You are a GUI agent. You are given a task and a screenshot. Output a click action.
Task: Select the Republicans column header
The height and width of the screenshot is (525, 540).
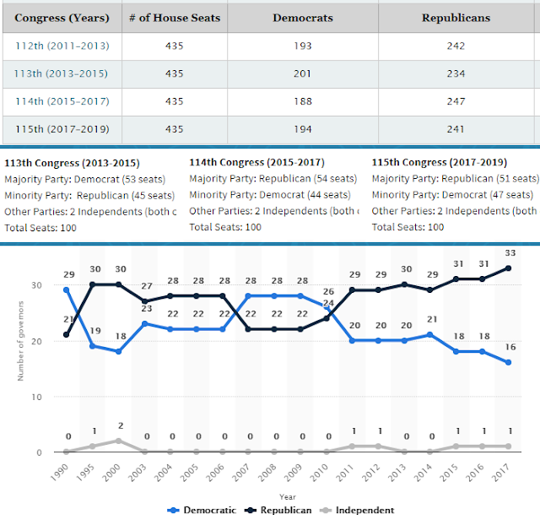pyautogui.click(x=455, y=17)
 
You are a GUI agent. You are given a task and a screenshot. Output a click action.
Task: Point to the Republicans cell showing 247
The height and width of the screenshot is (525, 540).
pyautogui.click(x=455, y=101)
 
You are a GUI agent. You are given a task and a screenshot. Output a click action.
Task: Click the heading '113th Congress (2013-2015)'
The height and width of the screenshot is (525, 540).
pyautogui.click(x=73, y=163)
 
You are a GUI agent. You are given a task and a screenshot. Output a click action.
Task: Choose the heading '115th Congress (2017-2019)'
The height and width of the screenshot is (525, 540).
pyautogui.click(x=439, y=163)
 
